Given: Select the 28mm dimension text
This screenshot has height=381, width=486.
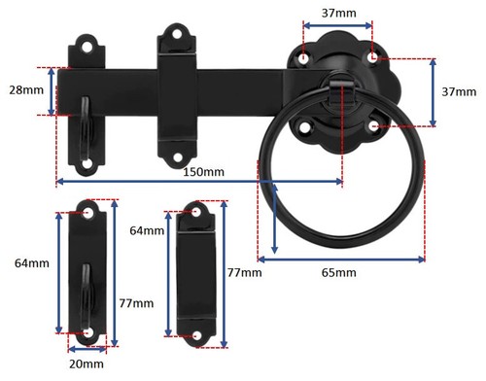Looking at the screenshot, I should point(24,90).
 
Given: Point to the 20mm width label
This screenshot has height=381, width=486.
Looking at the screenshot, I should point(87,364).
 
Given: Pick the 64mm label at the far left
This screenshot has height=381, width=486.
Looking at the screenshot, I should point(32,263).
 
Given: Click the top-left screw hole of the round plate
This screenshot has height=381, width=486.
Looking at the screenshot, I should point(304,59).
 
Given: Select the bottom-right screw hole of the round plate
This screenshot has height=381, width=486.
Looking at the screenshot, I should point(374,125).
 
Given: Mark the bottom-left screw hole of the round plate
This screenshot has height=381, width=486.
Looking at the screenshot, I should point(304,125).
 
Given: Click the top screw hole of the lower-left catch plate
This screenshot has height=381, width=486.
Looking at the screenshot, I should point(89,212).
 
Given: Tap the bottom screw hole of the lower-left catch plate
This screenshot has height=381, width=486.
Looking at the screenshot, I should point(89,332).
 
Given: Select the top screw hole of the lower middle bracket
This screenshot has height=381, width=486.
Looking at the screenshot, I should point(199,212).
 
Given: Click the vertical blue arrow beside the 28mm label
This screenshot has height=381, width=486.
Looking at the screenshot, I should point(55,91).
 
